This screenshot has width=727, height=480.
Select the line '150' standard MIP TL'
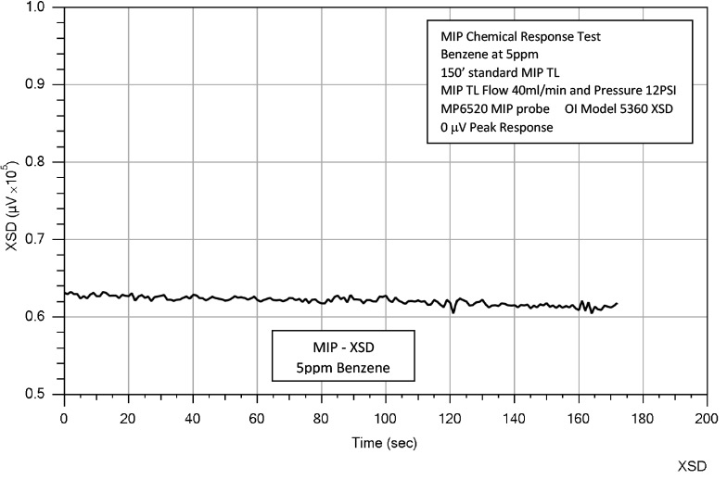(x=496, y=72)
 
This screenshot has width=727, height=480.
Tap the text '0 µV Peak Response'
(x=498, y=128)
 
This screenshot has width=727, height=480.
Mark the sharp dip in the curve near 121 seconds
(x=453, y=312)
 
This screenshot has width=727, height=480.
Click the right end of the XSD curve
(x=617, y=303)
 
